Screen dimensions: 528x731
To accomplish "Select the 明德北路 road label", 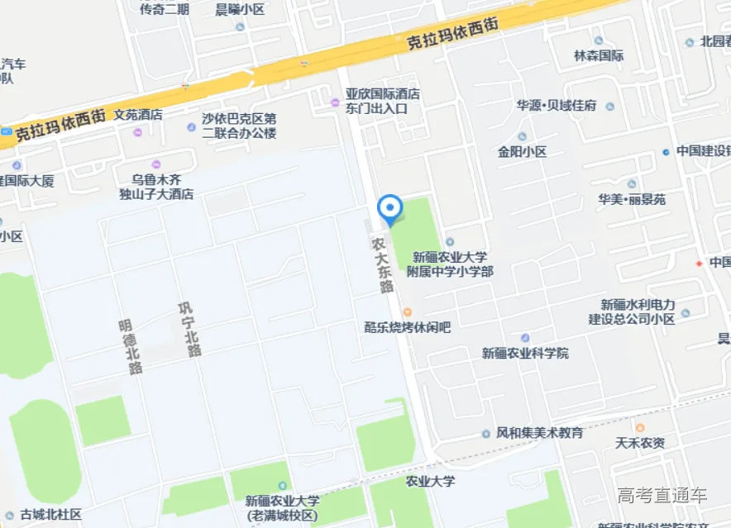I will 131,348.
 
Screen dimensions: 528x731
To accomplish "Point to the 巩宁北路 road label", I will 189,330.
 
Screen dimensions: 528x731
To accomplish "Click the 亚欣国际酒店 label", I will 383,94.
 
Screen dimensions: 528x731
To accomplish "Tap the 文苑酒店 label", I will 138,115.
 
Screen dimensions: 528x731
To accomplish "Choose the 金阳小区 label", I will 522,152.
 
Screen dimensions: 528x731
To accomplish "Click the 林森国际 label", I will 599,55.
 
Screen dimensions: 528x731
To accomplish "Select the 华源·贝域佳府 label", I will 557,106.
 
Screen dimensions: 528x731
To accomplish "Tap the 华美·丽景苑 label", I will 632,199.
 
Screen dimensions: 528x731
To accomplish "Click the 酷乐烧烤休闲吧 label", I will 408,327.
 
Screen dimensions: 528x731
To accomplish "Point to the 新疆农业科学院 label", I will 525,353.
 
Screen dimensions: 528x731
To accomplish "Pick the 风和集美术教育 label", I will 539,433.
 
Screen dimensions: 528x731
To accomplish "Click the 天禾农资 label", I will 639,443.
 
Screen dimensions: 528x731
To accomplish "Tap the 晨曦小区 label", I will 240,10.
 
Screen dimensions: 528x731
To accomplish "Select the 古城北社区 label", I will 51,514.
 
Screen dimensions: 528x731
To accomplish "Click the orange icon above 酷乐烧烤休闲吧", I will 408,312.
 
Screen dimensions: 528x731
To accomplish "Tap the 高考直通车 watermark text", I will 662,496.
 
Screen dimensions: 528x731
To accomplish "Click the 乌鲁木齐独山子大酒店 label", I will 156,187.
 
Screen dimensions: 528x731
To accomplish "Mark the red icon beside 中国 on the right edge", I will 699,263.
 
